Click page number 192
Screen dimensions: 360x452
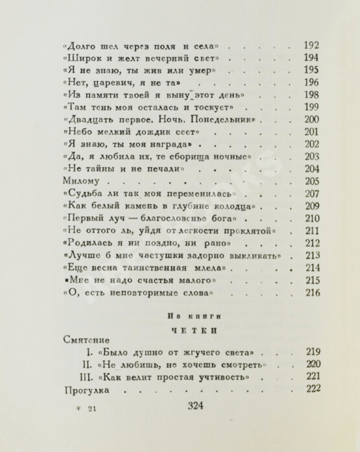pyautogui.click(x=312, y=46)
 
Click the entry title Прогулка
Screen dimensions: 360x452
pyautogui.click(x=88, y=391)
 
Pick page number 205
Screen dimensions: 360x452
pyautogui.click(x=313, y=182)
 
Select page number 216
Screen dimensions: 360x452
pyautogui.click(x=313, y=294)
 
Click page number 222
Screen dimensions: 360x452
pyautogui.click(x=313, y=391)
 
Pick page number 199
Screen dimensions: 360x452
pyautogui.click(x=313, y=107)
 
